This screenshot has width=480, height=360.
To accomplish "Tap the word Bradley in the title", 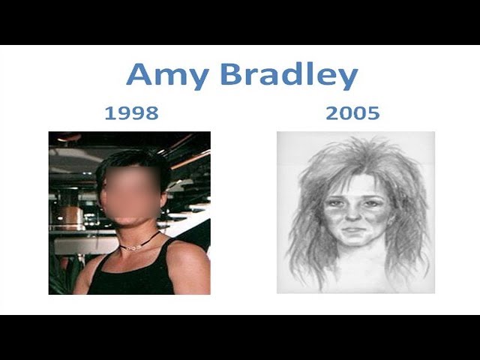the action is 289,76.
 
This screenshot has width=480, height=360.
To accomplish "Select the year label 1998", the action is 132,113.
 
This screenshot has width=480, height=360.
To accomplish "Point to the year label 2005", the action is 352,113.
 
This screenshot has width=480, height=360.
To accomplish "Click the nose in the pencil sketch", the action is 353,214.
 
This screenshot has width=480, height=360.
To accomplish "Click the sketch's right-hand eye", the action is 371,203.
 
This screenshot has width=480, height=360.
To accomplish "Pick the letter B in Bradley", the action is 231,73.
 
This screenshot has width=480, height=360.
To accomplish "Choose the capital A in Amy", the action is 139,73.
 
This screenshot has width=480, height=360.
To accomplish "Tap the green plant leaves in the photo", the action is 63,275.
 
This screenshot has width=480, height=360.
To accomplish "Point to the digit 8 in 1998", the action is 151,113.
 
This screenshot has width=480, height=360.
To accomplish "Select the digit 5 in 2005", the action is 373,113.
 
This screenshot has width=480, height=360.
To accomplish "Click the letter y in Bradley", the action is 347,79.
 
